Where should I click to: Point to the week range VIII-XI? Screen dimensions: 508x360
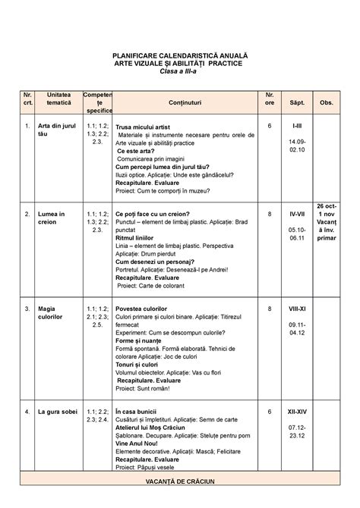point(296,309)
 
